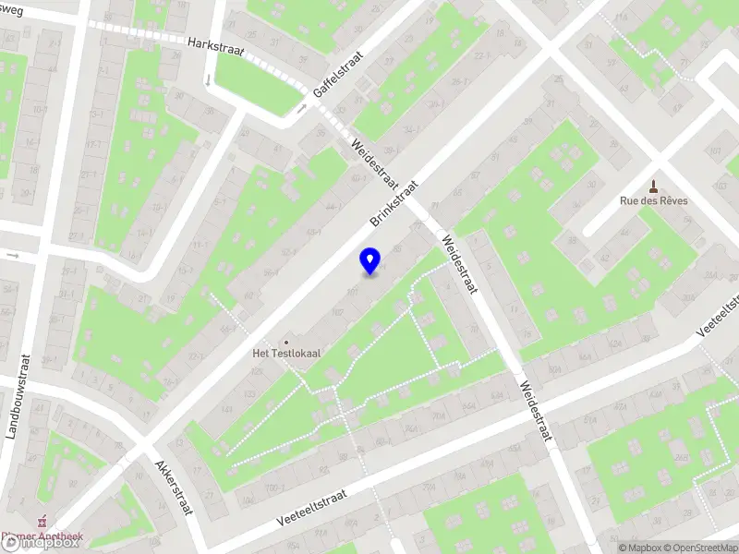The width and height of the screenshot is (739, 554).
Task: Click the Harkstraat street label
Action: click(x=215, y=47)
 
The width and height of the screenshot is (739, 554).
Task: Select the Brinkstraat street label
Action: click(x=394, y=203)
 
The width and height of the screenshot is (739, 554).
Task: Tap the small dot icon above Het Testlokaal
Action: click(x=285, y=341)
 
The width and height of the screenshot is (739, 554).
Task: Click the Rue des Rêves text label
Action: click(x=653, y=200)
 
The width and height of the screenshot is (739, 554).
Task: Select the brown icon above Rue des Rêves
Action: click(x=654, y=185)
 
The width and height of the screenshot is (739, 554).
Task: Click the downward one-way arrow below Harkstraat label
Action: click(x=207, y=80)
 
